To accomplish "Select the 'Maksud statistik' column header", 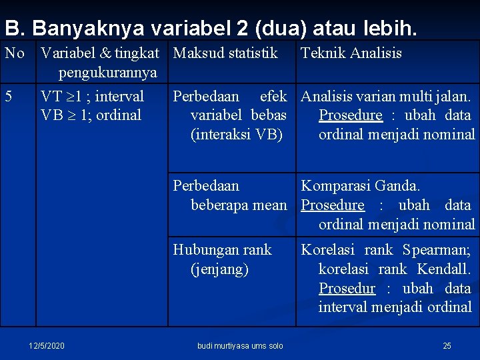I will [x=225, y=53].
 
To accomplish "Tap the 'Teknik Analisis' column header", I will [x=351, y=53].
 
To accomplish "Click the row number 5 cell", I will [x=8, y=96].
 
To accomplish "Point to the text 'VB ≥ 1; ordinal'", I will [x=91, y=115].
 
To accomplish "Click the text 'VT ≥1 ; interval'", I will [x=92, y=96].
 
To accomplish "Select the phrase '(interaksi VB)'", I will [x=237, y=135].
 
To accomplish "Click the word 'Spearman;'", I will [x=437, y=250].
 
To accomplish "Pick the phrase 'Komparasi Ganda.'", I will [x=361, y=186].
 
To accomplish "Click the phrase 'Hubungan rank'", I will [x=222, y=250].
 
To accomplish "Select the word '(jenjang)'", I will [x=219, y=269].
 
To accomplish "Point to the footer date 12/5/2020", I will [x=47, y=345].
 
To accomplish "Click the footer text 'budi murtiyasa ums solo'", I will [x=240, y=345].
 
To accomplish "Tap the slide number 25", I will [x=447, y=345].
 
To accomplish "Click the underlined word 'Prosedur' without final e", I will [x=347, y=289].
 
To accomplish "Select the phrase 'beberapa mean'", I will [x=239, y=205].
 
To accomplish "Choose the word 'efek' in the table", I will [x=273, y=96].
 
